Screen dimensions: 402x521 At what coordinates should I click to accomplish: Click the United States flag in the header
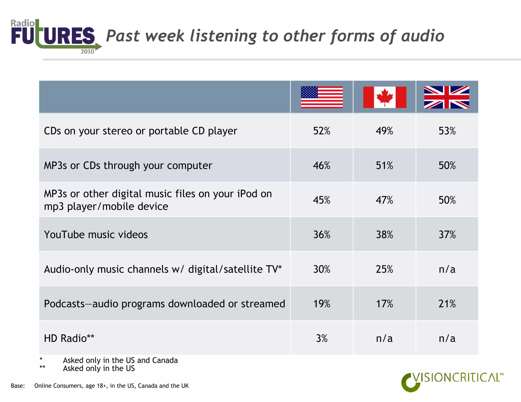(322, 97)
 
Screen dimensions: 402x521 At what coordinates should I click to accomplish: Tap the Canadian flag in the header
(384, 97)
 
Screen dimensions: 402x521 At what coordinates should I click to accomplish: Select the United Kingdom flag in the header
(446, 97)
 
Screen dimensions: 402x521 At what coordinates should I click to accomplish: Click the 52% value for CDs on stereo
(322, 131)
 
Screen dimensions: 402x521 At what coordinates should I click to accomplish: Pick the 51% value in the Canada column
(384, 165)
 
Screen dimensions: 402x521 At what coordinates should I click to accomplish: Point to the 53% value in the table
(447, 131)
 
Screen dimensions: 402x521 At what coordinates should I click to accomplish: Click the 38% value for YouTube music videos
(384, 235)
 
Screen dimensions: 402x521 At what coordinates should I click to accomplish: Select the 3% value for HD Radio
(322, 338)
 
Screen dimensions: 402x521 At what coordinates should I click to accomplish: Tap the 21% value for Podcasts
(447, 304)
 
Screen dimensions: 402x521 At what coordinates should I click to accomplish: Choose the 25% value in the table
(384, 269)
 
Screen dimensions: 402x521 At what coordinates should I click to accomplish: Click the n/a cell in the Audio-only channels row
(447, 269)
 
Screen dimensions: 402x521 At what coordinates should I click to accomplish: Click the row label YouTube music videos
(96, 235)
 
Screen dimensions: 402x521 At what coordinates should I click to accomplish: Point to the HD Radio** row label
(69, 338)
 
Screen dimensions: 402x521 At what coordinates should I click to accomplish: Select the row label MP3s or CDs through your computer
(128, 165)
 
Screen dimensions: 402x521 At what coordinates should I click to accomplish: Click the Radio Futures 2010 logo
(55, 36)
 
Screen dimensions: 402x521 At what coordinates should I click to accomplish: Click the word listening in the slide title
(224, 36)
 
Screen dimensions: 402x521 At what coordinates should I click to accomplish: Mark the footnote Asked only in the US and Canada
(120, 360)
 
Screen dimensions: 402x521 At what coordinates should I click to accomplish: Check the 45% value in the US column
(322, 200)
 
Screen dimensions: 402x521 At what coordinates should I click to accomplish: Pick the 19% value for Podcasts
(322, 304)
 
